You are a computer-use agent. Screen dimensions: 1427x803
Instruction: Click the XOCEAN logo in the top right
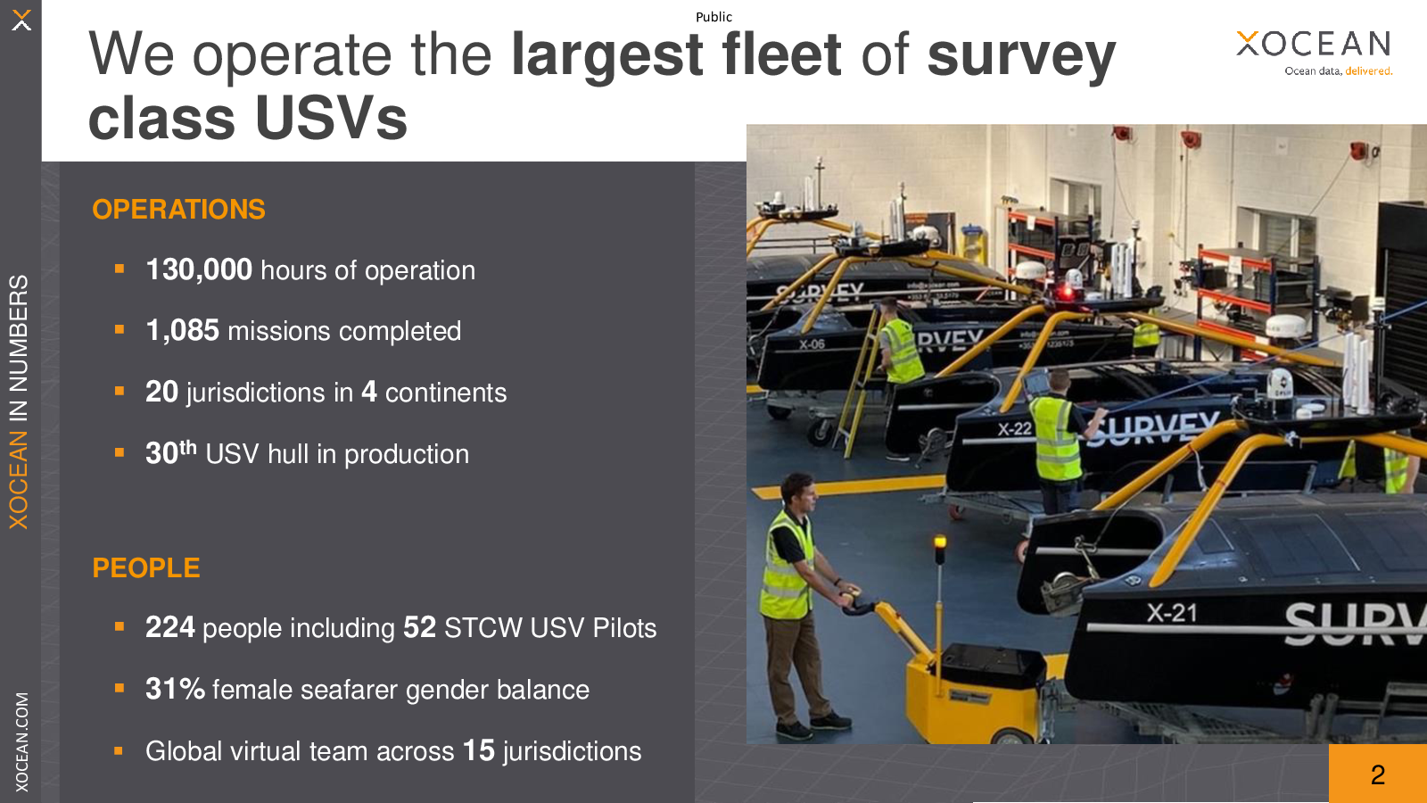1314,53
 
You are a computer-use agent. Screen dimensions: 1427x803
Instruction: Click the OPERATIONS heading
178,210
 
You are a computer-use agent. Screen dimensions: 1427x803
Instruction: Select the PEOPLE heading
146,567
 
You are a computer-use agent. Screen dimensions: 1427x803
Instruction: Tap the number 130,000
199,269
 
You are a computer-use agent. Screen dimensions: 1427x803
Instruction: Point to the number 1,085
182,330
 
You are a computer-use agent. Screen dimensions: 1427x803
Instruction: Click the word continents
446,393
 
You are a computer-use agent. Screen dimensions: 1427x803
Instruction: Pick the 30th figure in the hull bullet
170,451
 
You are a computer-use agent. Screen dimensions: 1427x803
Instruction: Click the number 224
170,627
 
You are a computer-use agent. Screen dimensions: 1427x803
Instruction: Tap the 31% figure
175,689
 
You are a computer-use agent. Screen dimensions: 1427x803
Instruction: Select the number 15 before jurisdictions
478,750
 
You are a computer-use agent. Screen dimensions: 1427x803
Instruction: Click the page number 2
1378,775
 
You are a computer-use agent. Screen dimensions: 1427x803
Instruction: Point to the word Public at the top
713,17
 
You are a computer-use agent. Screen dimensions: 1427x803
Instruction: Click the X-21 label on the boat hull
1172,613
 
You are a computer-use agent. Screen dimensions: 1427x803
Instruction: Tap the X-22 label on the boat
1015,429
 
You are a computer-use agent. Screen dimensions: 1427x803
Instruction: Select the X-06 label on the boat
812,344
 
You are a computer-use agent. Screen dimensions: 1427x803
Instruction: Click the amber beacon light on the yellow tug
940,543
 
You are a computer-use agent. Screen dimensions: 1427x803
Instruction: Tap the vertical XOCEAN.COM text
21,741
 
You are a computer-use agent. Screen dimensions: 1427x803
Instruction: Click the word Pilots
624,628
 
